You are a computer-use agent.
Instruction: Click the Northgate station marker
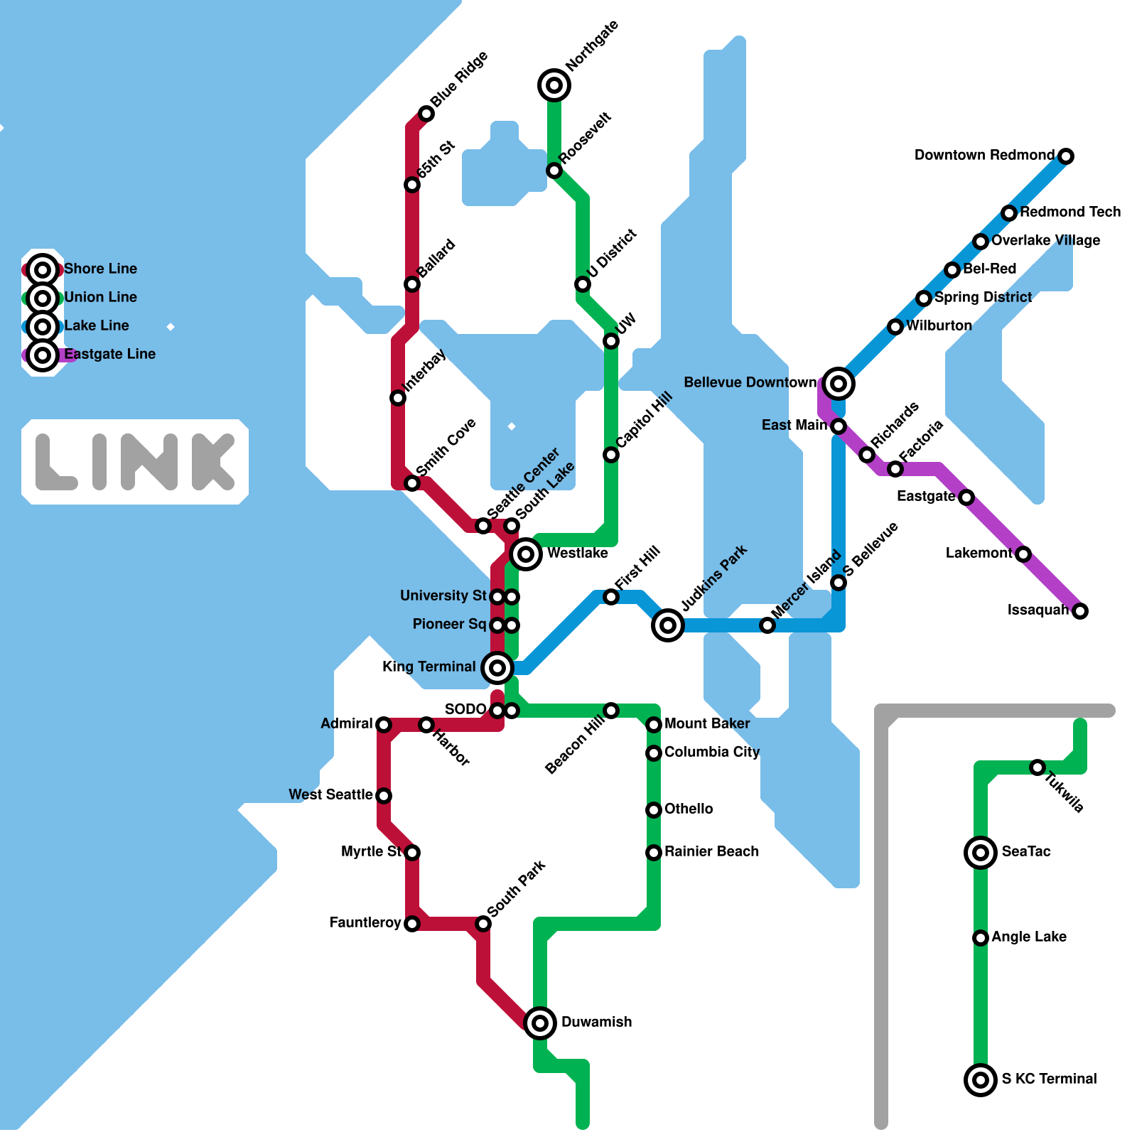pyautogui.click(x=554, y=85)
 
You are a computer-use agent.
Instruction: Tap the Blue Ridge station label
pyautogui.click(x=459, y=80)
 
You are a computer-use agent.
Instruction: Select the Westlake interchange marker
pyautogui.click(x=526, y=554)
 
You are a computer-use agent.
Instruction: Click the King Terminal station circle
pyautogui.click(x=497, y=667)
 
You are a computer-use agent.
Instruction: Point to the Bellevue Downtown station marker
pyautogui.click(x=839, y=384)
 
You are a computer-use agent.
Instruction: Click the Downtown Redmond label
pyautogui.click(x=984, y=155)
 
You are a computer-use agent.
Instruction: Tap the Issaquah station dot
pyautogui.click(x=1080, y=610)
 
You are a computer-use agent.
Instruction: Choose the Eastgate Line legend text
pyautogui.click(x=109, y=354)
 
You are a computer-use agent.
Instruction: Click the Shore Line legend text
pyautogui.click(x=100, y=269)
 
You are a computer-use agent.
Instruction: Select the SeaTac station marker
pyautogui.click(x=981, y=852)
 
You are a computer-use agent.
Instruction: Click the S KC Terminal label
pyautogui.click(x=1049, y=1079)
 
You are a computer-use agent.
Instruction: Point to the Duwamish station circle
pyautogui.click(x=540, y=1023)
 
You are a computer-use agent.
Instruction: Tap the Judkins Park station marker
pyautogui.click(x=668, y=625)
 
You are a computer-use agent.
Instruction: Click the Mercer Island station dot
pyautogui.click(x=767, y=625)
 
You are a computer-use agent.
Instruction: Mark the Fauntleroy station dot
pyautogui.click(x=412, y=923)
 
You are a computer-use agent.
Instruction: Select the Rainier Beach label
pyautogui.click(x=711, y=851)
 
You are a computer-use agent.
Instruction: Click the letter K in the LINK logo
pyautogui.click(x=213, y=462)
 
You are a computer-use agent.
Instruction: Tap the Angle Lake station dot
pyautogui.click(x=981, y=938)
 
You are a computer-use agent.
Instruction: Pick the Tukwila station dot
pyautogui.click(x=1038, y=767)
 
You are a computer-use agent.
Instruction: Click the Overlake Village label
pyautogui.click(x=1045, y=240)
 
